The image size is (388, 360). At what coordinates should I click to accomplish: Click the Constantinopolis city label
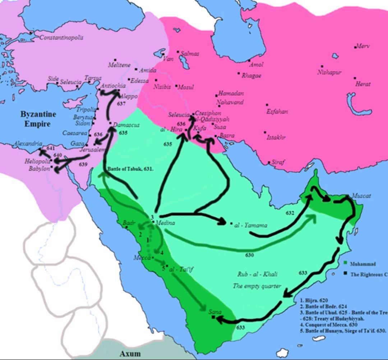click(x=61, y=37)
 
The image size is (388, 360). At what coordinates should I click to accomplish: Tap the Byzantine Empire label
click(x=38, y=119)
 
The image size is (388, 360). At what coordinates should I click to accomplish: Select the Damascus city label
click(x=126, y=125)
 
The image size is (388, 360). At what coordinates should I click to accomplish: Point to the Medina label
click(x=165, y=223)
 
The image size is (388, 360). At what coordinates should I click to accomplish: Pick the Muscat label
click(x=361, y=196)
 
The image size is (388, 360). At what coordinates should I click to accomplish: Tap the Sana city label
click(x=215, y=311)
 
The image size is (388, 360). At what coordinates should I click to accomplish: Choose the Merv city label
click(x=363, y=46)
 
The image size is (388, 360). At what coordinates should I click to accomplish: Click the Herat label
click(x=363, y=84)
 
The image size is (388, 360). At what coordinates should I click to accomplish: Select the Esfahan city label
click(x=277, y=111)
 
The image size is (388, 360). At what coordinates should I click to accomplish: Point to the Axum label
click(x=130, y=354)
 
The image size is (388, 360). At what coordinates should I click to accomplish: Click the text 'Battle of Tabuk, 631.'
click(x=130, y=169)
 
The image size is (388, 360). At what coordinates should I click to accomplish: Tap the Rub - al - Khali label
click(x=257, y=274)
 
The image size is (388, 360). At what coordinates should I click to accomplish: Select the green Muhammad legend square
click(x=345, y=263)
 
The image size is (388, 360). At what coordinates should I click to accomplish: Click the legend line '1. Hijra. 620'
click(x=314, y=300)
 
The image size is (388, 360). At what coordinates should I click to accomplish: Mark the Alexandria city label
click(x=28, y=143)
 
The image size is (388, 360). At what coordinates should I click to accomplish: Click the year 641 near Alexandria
click(x=51, y=148)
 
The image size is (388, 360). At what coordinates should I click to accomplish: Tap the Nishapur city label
click(x=329, y=72)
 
